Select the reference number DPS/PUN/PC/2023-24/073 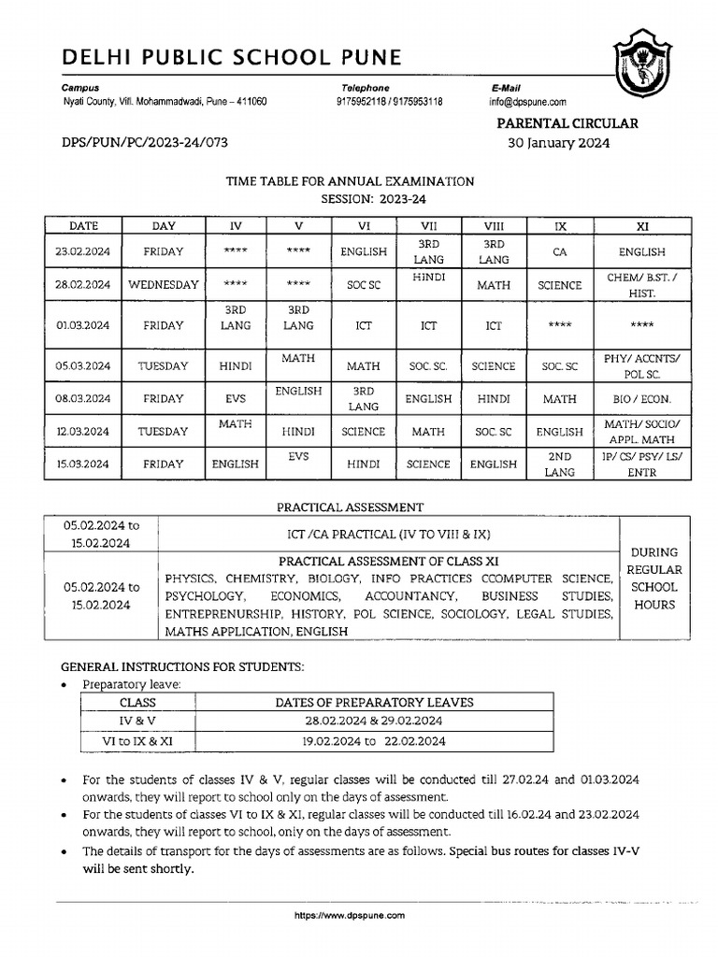144,143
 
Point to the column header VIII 493,225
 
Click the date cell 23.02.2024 83,251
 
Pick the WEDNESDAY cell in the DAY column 164,285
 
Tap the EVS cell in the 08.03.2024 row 235,399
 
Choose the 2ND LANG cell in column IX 559,464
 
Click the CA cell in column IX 559,251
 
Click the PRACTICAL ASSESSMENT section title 350,507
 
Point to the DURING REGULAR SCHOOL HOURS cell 654,578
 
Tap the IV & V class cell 138,721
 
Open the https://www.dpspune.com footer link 350,916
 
